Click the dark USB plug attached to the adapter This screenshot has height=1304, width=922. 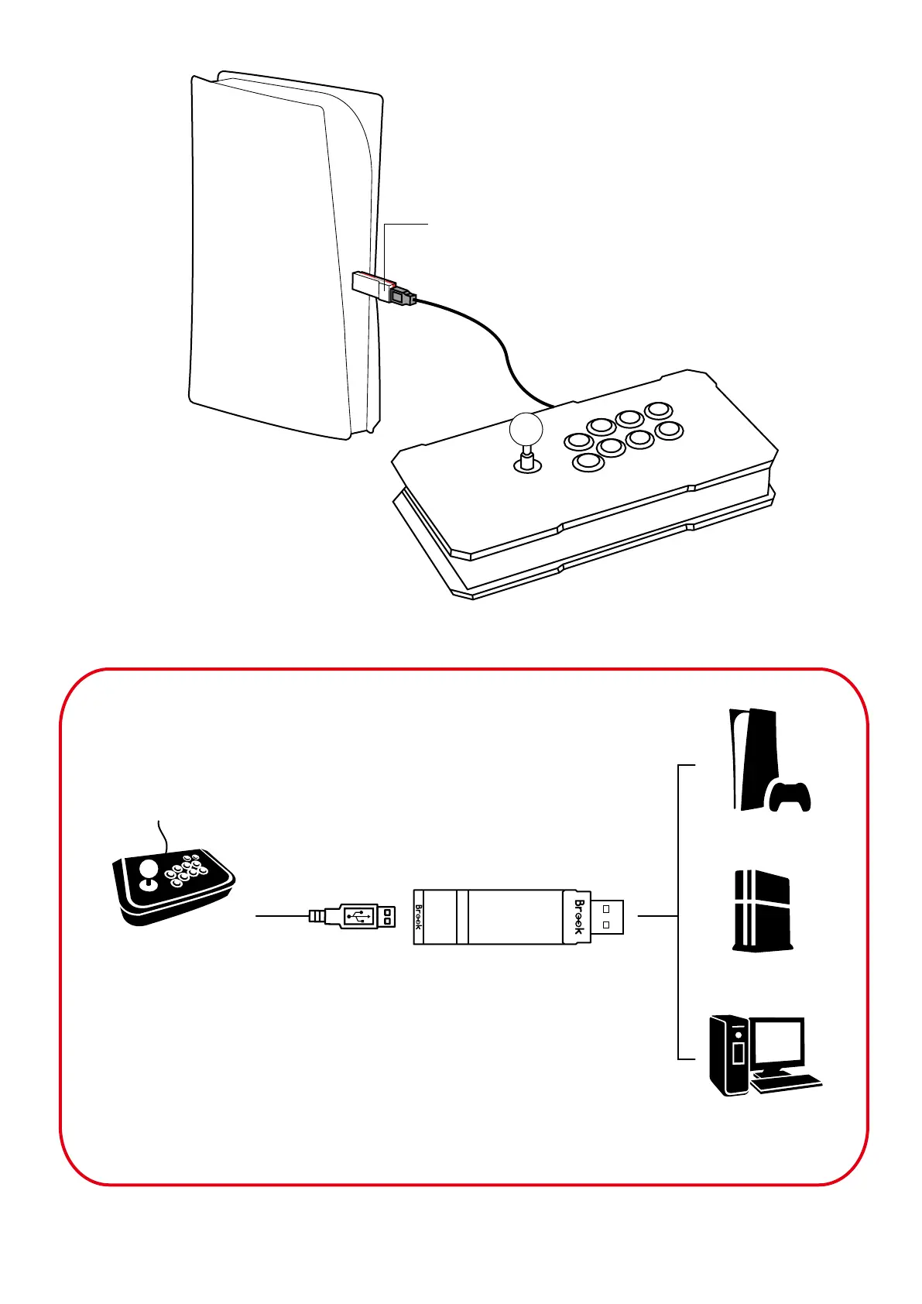point(403,296)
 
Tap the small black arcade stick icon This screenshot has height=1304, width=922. point(173,885)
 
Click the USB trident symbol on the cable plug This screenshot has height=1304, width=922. point(358,916)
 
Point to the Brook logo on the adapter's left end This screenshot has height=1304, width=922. point(419,917)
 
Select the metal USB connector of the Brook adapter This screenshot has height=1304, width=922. point(608,916)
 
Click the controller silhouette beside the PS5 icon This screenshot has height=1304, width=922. point(790,797)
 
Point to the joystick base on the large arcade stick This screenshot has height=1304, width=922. point(528,465)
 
